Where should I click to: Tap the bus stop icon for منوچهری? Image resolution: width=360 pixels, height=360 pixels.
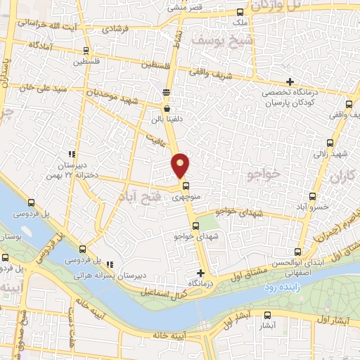tap(186, 186)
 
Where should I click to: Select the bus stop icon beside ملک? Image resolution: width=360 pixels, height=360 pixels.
tap(240, 12)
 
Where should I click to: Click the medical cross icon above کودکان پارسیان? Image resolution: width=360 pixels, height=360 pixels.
tap(290, 82)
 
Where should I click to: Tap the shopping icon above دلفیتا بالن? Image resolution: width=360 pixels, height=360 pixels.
tap(167, 108)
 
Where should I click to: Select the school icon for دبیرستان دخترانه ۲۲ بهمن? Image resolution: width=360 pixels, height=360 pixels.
tap(71, 153)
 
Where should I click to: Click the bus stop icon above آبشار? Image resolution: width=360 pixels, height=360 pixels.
tap(268, 316)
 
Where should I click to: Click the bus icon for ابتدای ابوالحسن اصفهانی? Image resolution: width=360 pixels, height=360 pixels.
tap(298, 251)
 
